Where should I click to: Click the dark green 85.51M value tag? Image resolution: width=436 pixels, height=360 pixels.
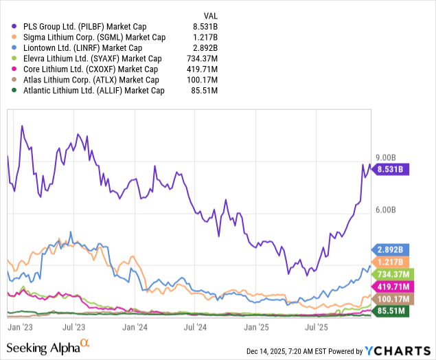point(390,311)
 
